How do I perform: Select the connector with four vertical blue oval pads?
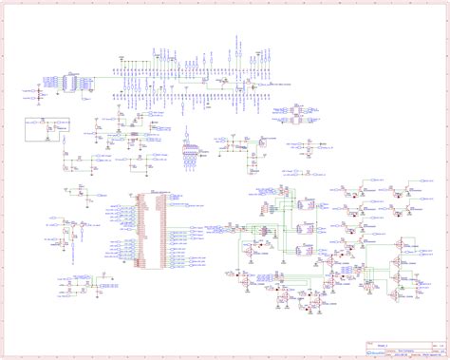click(190, 156)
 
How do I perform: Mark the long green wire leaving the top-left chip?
click(104, 76)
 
